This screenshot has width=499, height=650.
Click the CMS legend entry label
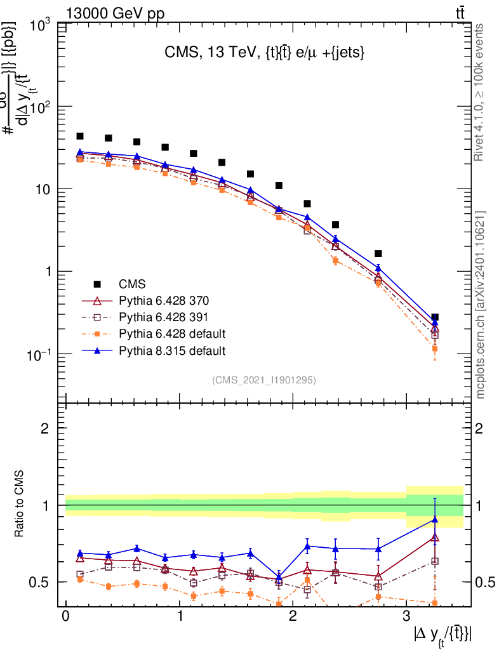(x=132, y=283)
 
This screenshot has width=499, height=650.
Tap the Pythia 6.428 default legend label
(x=172, y=333)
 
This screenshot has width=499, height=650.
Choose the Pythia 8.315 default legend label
(x=172, y=350)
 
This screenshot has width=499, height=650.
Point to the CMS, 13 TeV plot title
(x=264, y=54)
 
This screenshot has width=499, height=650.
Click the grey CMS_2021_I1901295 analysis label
(x=264, y=380)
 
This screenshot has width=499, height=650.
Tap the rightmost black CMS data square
(x=435, y=317)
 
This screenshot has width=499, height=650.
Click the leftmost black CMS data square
(x=80, y=136)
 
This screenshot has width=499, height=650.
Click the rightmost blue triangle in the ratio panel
(x=435, y=519)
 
